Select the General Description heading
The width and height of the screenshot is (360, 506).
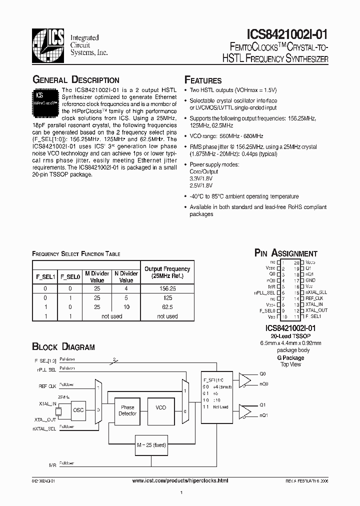point(75,80)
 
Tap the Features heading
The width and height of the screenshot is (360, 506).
point(203,80)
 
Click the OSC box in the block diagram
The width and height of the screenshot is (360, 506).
point(78,409)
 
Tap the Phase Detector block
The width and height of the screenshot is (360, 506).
point(127,410)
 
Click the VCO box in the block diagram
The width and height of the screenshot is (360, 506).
point(160,408)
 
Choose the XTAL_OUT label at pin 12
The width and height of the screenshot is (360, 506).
point(316,310)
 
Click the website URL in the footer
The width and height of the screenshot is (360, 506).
point(180,480)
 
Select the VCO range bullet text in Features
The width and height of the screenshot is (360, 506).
point(226,136)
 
